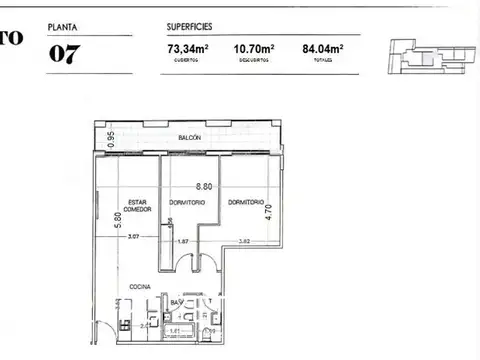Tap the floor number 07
point(65,53)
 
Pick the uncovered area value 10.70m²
point(254,47)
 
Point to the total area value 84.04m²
point(322,47)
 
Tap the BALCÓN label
point(192,137)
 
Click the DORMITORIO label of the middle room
point(186,202)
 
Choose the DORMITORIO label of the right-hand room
point(245,202)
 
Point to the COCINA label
point(140,286)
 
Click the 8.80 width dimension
point(204,186)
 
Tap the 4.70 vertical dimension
point(267,212)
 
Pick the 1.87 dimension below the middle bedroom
point(183,241)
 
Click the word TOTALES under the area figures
point(322,60)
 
